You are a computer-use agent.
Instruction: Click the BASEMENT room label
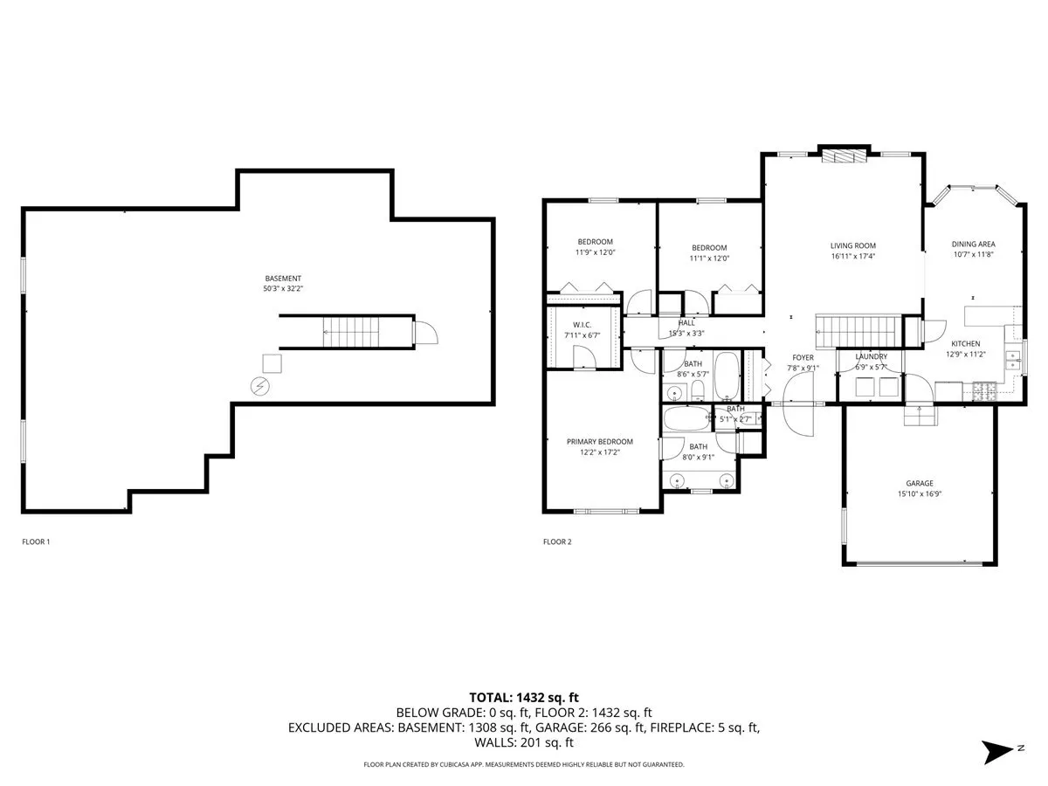(283, 279)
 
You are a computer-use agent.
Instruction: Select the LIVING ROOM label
(852, 246)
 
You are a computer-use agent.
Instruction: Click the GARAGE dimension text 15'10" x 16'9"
(919, 494)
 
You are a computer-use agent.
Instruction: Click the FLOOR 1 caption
(36, 542)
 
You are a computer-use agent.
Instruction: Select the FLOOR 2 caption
(557, 542)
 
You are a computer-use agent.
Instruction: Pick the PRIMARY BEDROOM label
(599, 442)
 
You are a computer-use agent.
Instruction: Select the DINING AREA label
(973, 245)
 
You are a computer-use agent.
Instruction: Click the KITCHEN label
(965, 344)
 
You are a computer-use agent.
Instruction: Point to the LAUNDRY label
(871, 356)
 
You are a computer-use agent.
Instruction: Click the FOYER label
(803, 357)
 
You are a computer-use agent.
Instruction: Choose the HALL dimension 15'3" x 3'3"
(686, 333)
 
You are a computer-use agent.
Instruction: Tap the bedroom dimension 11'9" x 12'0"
(595, 252)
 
